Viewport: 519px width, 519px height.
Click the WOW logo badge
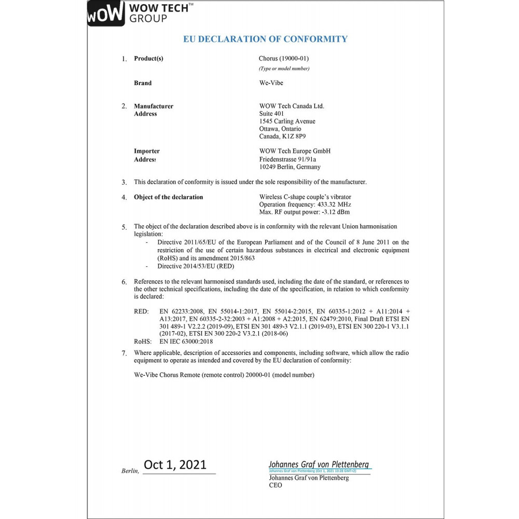pyautogui.click(x=106, y=14)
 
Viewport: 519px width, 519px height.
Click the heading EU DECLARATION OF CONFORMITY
pyautogui.click(x=265, y=39)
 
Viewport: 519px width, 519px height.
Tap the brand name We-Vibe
pyautogui.click(x=271, y=83)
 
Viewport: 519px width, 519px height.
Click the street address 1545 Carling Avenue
pyautogui.click(x=287, y=121)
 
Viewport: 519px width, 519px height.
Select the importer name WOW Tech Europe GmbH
pyautogui.click(x=294, y=151)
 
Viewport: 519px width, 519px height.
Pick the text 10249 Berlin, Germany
pyautogui.click(x=290, y=167)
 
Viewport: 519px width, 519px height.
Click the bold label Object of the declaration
pyautogui.click(x=168, y=197)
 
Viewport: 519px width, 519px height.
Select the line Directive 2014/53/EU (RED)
pyautogui.click(x=196, y=266)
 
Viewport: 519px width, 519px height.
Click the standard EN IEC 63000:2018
pyautogui.click(x=186, y=342)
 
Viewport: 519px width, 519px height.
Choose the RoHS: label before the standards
pyautogui.click(x=142, y=342)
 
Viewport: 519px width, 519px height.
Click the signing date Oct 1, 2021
pyautogui.click(x=175, y=465)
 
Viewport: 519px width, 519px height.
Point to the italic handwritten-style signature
pyautogui.click(x=319, y=465)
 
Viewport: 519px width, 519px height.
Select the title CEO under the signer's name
pyautogui.click(x=275, y=485)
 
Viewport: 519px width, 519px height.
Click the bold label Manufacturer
pyautogui.click(x=154, y=106)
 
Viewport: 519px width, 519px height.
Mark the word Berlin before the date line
pyautogui.click(x=130, y=471)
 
